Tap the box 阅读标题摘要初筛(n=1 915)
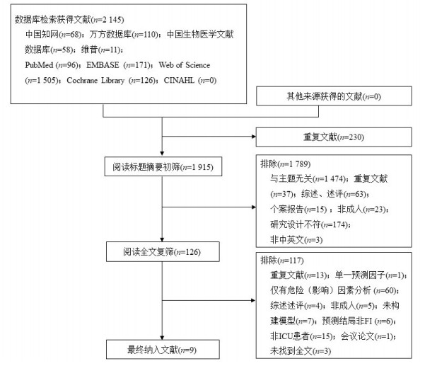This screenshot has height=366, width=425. pyautogui.click(x=163, y=168)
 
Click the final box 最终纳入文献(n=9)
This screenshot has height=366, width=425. pyautogui.click(x=163, y=348)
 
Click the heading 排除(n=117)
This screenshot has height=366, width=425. pyautogui.click(x=281, y=261)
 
